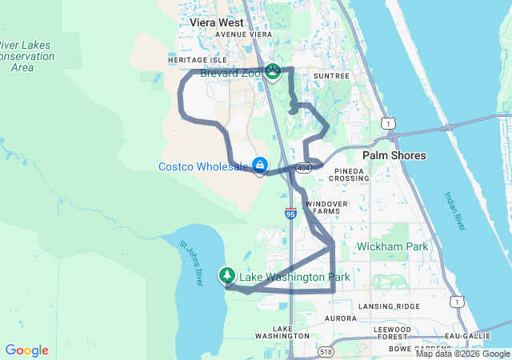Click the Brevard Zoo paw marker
click(x=274, y=72)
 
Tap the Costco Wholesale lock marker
click(x=260, y=165)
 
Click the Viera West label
click(x=217, y=22)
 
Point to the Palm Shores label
click(x=394, y=155)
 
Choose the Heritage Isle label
click(x=198, y=60)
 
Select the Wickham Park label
click(x=393, y=246)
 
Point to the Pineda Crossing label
click(x=353, y=176)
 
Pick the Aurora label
click(x=340, y=318)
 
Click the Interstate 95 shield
click(x=290, y=214)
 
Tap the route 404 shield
click(x=302, y=168)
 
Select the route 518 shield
click(x=325, y=351)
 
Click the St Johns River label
click(x=192, y=263)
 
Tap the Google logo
click(x=26, y=350)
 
